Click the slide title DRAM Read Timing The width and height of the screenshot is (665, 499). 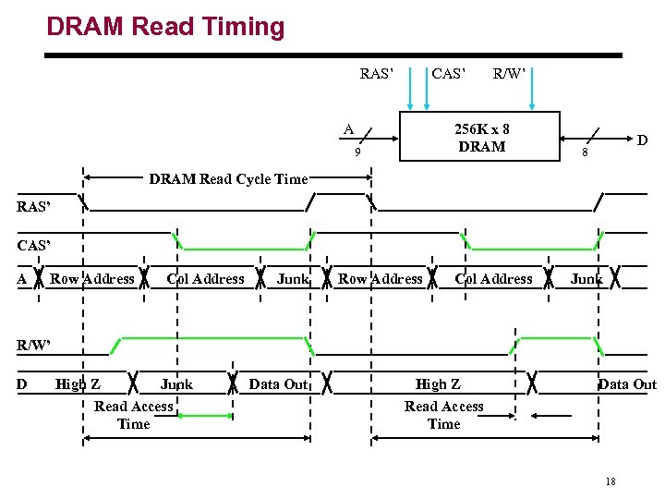click(x=165, y=27)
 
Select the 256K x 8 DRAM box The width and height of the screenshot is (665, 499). click(x=480, y=138)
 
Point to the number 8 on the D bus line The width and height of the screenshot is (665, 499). click(x=583, y=153)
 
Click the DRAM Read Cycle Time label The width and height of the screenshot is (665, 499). click(x=228, y=179)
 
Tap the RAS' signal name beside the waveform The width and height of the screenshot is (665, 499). click(x=33, y=207)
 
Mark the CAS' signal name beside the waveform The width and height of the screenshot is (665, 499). click(x=33, y=246)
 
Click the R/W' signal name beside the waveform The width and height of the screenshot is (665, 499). click(x=33, y=345)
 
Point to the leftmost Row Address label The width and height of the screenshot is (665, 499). click(x=92, y=279)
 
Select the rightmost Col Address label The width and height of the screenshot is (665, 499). click(x=493, y=279)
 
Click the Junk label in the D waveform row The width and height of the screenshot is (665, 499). click(x=176, y=384)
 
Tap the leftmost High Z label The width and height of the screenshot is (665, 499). click(x=79, y=384)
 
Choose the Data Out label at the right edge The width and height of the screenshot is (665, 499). click(x=627, y=384)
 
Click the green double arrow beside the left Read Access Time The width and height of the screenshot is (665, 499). click(x=201, y=416)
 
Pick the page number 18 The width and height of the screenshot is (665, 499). click(x=610, y=481)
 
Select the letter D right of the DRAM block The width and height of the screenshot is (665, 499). click(x=641, y=140)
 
